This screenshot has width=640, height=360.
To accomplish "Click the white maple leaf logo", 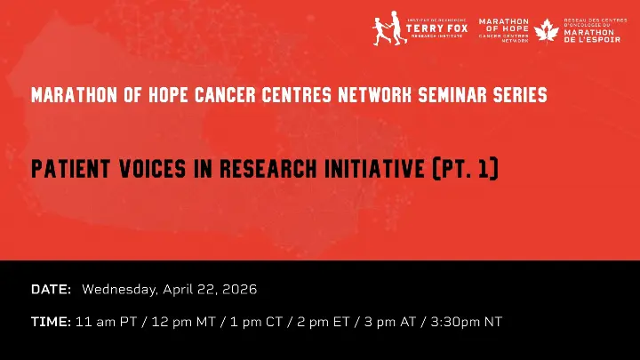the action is click(x=547, y=30).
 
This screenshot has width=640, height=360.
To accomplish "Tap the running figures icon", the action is click(x=390, y=28).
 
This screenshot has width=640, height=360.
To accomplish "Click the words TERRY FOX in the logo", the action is click(x=436, y=28).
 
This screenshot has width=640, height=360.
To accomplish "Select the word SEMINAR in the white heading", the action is click(x=452, y=95).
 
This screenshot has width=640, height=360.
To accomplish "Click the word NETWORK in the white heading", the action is click(x=375, y=95).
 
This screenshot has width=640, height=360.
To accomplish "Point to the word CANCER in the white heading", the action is click(x=225, y=95).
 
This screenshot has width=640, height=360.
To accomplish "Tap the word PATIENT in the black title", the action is click(x=71, y=169).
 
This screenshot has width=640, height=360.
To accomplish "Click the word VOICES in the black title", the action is click(x=153, y=169).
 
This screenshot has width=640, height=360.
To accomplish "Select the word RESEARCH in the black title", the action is click(x=268, y=169).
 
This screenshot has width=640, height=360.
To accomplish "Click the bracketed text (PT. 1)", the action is click(x=465, y=168).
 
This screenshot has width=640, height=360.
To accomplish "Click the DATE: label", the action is click(x=51, y=290).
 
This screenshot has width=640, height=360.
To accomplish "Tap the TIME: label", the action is click(x=51, y=322).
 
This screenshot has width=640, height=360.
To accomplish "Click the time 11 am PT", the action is click(x=106, y=322).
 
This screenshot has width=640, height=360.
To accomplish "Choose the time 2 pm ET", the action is click(x=324, y=322).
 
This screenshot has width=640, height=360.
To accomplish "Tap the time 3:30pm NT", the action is click(x=466, y=322).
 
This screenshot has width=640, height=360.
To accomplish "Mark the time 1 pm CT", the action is click(x=256, y=322).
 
